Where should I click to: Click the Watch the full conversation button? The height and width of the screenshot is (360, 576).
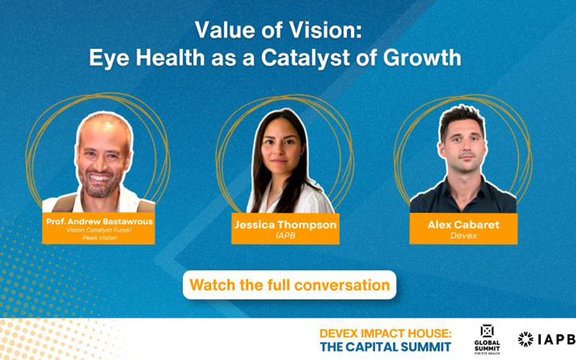tap(289, 285)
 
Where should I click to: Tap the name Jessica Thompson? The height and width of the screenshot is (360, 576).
tap(285, 225)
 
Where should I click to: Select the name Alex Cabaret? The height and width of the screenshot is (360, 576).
tap(464, 225)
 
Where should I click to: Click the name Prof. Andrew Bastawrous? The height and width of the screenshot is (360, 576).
tap(99, 222)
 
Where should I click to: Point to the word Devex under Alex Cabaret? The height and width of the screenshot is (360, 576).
tap(464, 235)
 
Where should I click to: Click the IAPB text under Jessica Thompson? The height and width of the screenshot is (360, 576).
tap(285, 235)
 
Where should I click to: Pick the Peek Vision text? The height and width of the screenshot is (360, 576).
tap(99, 238)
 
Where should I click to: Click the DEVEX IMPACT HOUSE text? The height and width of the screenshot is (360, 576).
tap(385, 333)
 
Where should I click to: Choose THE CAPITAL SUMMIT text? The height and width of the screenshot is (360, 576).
tap(385, 347)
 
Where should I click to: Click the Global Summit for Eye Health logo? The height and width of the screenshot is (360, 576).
tap(487, 339)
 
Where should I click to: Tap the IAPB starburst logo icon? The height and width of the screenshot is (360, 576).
tap(526, 339)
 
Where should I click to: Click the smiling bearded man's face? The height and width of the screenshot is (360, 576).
tap(104, 158)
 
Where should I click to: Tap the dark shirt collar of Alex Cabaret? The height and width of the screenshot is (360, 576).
tap(463, 185)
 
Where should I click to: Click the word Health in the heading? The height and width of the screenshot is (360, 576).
tap(170, 58)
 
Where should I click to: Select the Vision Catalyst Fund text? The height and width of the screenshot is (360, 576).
tap(99, 230)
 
